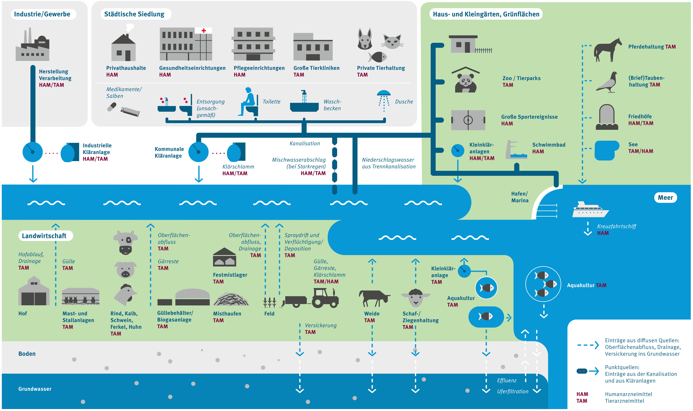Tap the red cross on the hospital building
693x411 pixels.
click(x=204, y=30)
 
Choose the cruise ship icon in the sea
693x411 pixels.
click(x=590, y=210)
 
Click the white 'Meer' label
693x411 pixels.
click(x=665, y=197)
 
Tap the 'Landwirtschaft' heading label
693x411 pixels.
click(x=44, y=236)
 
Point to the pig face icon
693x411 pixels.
click(x=125, y=270)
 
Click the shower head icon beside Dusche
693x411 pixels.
click(x=384, y=100)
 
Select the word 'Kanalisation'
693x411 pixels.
click(x=305, y=143)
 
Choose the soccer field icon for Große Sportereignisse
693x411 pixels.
click(x=468, y=120)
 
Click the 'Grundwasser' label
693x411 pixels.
click(x=35, y=389)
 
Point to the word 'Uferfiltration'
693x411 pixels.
click(x=512, y=391)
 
